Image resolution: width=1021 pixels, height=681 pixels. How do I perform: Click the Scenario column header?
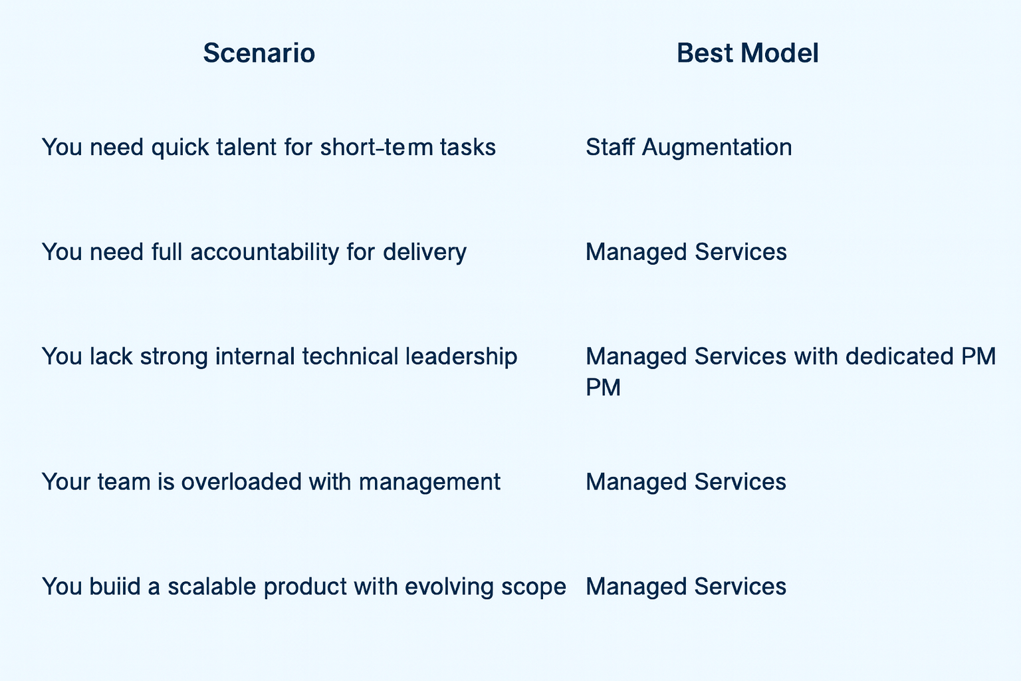[259, 53]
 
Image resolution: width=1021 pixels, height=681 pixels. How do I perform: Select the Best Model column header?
[748, 53]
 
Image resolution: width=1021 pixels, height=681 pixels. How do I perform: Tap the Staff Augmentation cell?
[689, 148]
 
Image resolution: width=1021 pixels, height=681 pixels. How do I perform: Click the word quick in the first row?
[179, 148]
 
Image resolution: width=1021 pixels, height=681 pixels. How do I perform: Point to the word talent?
[246, 148]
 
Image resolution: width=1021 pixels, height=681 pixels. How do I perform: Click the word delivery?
[424, 252]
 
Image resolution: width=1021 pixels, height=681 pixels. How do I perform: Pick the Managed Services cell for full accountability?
[686, 252]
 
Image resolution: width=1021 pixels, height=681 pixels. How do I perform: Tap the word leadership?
[461, 356]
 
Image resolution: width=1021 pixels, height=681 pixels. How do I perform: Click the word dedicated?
[899, 356]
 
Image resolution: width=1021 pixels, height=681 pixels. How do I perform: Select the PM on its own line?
[603, 388]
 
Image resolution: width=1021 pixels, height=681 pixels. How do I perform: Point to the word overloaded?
[241, 482]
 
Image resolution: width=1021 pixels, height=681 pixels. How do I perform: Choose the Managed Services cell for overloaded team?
[686, 482]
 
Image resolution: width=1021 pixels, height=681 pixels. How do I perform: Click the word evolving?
[449, 587]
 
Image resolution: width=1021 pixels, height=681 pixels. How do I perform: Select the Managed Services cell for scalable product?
[686, 587]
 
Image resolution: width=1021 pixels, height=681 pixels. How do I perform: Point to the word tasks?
[468, 148]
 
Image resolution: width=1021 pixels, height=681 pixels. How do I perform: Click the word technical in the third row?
[350, 356]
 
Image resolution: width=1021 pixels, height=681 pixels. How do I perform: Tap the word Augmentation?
[717, 148]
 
